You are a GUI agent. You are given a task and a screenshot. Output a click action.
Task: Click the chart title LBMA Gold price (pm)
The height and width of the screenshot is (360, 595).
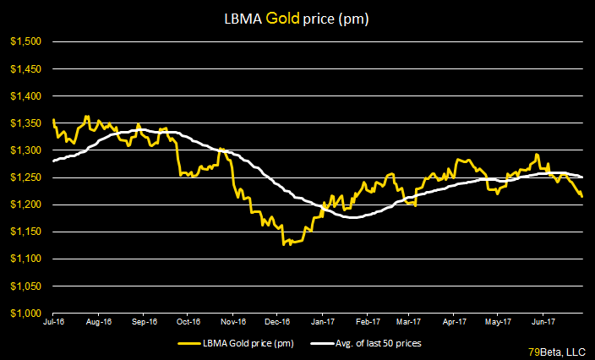[x=297, y=17]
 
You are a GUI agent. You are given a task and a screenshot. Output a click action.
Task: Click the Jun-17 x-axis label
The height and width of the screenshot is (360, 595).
[x=541, y=322]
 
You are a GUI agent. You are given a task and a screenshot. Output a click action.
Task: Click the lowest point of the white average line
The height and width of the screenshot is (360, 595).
[x=352, y=218]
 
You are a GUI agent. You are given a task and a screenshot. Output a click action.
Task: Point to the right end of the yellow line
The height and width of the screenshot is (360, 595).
[x=582, y=197]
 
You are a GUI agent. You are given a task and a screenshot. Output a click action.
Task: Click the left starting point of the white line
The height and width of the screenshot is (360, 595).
[x=53, y=161]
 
